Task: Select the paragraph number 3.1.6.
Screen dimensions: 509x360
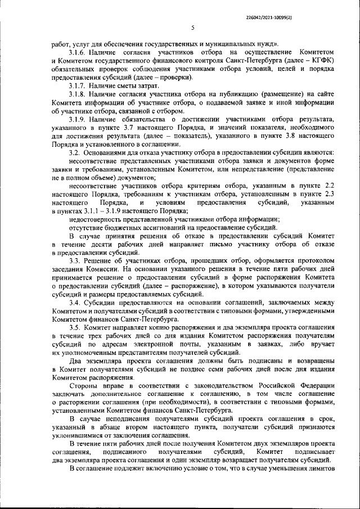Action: pyautogui.click(x=78, y=52)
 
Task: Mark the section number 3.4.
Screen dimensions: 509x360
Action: pyautogui.click(x=75, y=302)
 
